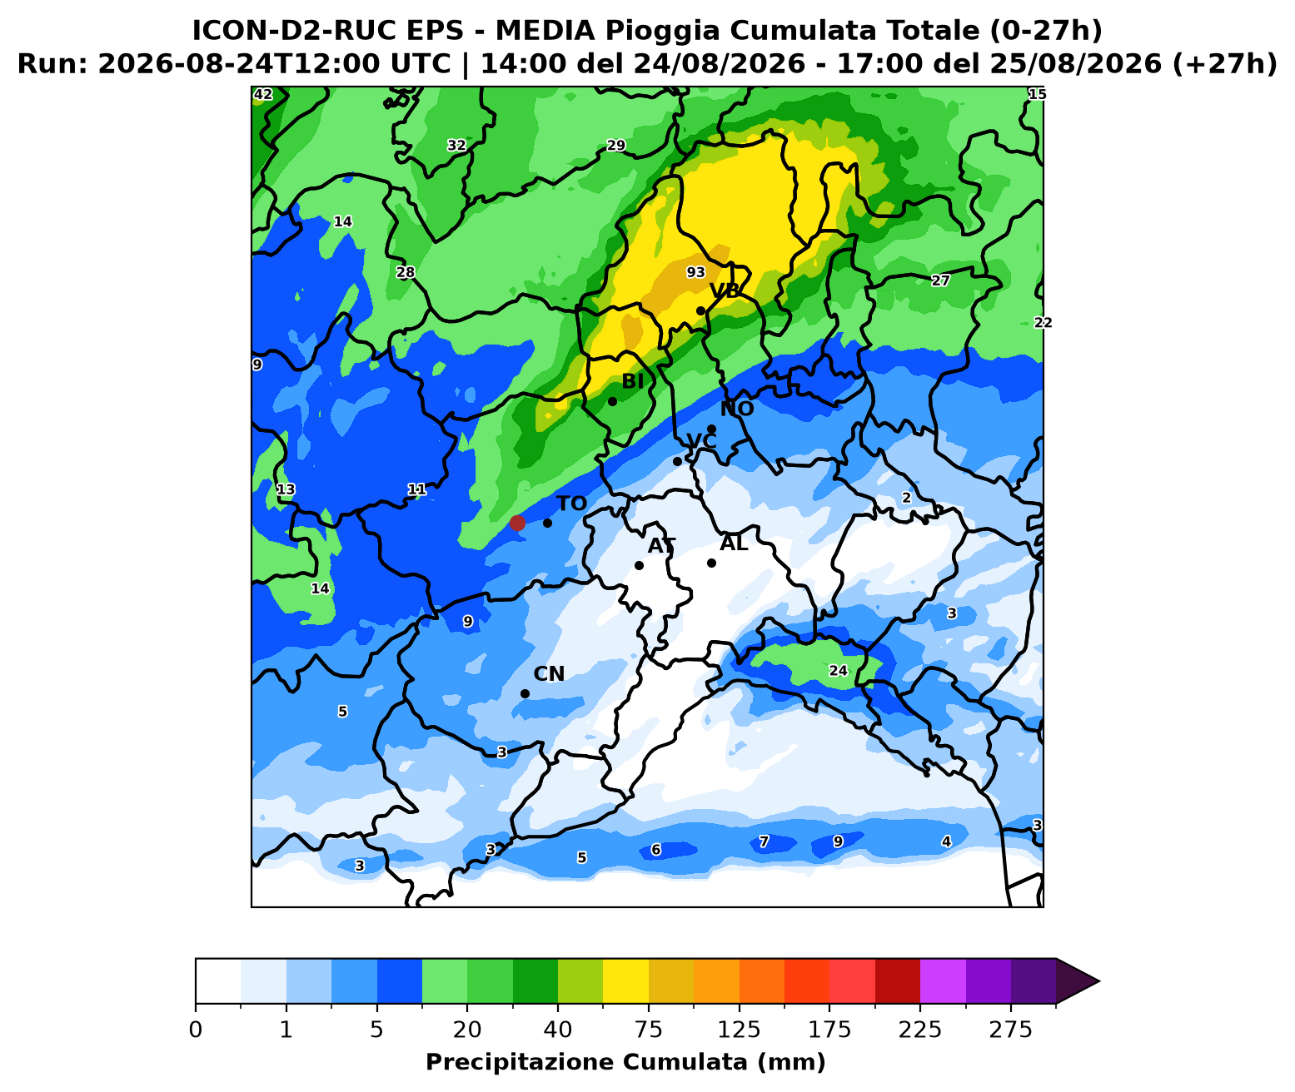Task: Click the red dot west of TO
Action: (x=517, y=523)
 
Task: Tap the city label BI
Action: (x=633, y=381)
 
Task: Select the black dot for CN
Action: (x=525, y=693)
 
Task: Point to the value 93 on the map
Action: (x=696, y=272)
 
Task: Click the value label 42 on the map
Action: (x=263, y=94)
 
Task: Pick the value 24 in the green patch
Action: (x=838, y=671)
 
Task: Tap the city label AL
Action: (x=734, y=544)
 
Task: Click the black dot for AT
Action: (x=639, y=565)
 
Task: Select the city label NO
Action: (x=737, y=409)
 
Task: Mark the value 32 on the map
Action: (x=456, y=145)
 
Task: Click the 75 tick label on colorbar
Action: (x=648, y=1030)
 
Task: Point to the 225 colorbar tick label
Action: (x=919, y=1030)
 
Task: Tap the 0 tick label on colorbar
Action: (x=196, y=1030)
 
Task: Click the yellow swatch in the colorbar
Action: (x=625, y=981)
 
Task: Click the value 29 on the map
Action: (x=616, y=145)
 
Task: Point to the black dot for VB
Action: (x=700, y=310)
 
